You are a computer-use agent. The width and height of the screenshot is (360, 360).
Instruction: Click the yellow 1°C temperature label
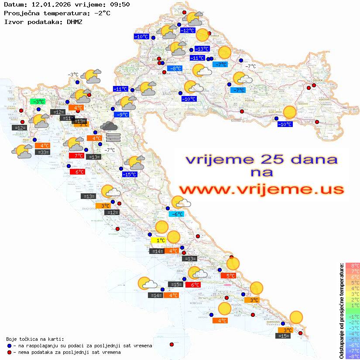tap(158, 240)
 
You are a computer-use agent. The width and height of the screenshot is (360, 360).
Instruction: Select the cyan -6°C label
tap(176, 214)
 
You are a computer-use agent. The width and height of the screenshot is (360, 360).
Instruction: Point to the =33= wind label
tap(43, 152)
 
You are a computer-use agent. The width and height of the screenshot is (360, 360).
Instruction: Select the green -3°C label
tap(38, 102)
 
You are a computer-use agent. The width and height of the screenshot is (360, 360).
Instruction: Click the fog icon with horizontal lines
tap(113, 137)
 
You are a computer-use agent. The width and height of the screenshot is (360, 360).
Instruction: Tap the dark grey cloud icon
tap(109, 126)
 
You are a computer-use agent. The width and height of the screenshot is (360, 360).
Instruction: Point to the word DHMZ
tap(74, 21)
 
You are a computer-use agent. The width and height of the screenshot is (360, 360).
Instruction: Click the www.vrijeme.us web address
tap(261, 189)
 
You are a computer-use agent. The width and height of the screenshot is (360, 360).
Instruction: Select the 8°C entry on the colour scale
tap(352, 266)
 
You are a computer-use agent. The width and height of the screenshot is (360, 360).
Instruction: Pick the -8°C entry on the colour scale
tap(352, 356)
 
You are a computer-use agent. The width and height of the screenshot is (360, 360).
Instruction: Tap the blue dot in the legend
tap(9, 346)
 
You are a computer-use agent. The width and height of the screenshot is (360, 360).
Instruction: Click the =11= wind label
tap(67, 118)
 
